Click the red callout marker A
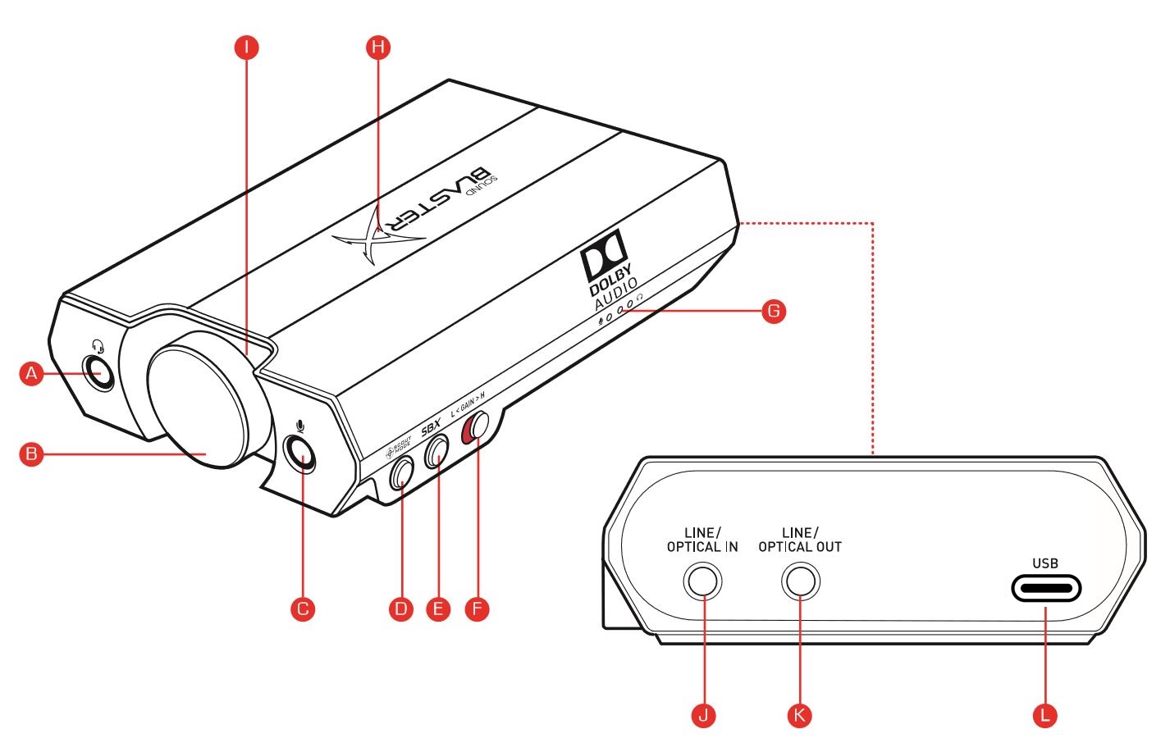click(x=31, y=374)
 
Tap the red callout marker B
click(x=31, y=454)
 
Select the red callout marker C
click(x=303, y=609)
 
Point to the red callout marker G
click(x=773, y=311)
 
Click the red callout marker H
click(x=377, y=47)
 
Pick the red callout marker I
click(x=246, y=47)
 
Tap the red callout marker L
click(x=1044, y=715)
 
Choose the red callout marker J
click(x=703, y=715)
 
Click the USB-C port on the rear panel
click(x=1044, y=588)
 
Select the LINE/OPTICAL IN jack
click(x=702, y=582)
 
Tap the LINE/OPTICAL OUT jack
click(x=800, y=582)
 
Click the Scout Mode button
click(x=402, y=472)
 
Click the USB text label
click(x=1045, y=563)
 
